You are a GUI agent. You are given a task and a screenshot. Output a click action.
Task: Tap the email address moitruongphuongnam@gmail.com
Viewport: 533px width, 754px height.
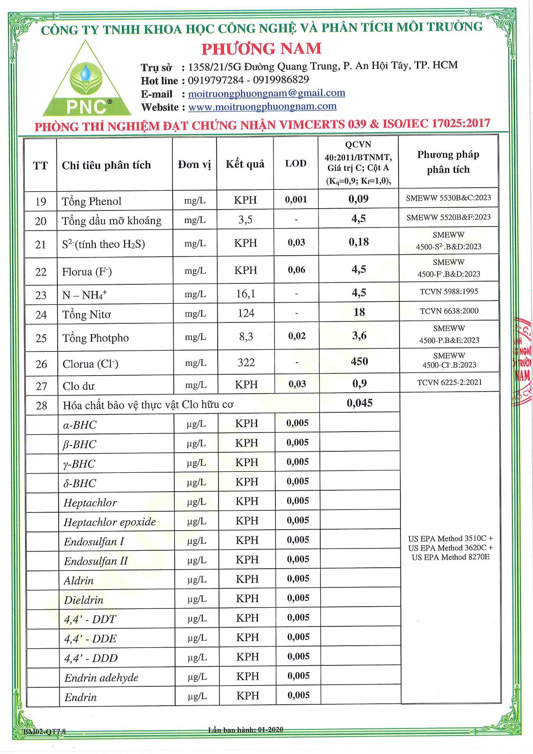(x=266, y=93)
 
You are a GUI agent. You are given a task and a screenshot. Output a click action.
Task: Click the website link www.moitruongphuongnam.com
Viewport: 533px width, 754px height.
(x=262, y=107)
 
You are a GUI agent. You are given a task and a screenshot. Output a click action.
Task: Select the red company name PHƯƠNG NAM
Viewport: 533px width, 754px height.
(x=262, y=48)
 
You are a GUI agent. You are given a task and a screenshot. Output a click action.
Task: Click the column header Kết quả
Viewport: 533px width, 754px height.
(x=245, y=164)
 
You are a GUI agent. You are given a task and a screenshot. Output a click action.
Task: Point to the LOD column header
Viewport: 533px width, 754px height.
(x=296, y=163)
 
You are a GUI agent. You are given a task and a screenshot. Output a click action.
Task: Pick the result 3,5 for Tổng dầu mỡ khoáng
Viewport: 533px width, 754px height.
(x=245, y=219)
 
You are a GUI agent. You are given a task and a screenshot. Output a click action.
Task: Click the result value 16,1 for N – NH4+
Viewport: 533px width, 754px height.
(x=246, y=294)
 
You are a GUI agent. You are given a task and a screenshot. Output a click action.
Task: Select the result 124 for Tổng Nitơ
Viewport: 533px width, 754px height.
(x=246, y=313)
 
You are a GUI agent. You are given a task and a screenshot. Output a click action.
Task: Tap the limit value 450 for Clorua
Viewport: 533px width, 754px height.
(x=359, y=361)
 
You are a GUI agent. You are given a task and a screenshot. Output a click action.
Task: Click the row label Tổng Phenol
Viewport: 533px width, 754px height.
(x=92, y=201)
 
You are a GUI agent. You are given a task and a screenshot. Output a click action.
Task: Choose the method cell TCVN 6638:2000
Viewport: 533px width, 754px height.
(x=449, y=311)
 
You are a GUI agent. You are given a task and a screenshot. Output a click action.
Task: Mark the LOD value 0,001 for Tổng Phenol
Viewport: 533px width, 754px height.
(x=296, y=200)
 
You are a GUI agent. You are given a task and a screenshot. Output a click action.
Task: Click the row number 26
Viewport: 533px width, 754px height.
(x=41, y=364)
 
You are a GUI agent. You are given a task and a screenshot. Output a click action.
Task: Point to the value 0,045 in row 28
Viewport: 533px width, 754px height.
(x=360, y=403)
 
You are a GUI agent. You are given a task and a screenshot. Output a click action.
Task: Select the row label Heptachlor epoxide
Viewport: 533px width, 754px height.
(x=110, y=522)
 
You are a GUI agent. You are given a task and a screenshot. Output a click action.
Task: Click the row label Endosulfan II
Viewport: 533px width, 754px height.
(x=96, y=561)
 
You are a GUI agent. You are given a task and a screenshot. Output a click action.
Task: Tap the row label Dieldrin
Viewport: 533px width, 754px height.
(x=84, y=600)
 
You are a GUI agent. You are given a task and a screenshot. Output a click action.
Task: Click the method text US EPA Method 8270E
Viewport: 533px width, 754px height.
(x=451, y=557)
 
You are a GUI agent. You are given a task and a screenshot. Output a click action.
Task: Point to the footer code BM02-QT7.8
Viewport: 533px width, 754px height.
(x=45, y=732)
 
